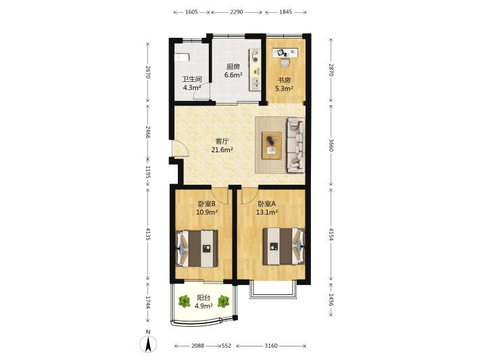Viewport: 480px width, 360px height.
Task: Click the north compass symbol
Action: coord(148,344)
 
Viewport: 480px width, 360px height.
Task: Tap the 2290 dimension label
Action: coord(237,12)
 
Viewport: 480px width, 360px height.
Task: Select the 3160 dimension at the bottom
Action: coord(271,346)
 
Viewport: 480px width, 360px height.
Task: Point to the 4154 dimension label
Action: coord(331,233)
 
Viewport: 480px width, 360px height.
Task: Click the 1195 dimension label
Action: coord(148,172)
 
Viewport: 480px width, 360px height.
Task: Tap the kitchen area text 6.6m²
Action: coord(233,74)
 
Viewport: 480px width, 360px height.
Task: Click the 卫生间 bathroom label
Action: coord(192,79)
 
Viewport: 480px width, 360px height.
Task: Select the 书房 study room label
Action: coord(284,81)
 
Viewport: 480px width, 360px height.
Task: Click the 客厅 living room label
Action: coord(222,141)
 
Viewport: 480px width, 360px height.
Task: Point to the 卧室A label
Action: coord(267,204)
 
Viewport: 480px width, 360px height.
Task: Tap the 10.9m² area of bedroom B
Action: coord(207,212)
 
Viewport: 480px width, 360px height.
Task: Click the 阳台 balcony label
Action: coord(203,298)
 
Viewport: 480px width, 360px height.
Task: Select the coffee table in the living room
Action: coord(272,145)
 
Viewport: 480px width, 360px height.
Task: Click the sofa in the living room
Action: coord(295,145)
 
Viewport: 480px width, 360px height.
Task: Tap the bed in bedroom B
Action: coord(197,248)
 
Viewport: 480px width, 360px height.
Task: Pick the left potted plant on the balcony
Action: coord(185,301)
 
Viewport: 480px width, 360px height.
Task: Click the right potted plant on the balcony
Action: coord(224,301)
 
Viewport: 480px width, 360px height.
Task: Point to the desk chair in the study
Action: coord(285,62)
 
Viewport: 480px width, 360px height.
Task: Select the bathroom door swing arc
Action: coord(200,93)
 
